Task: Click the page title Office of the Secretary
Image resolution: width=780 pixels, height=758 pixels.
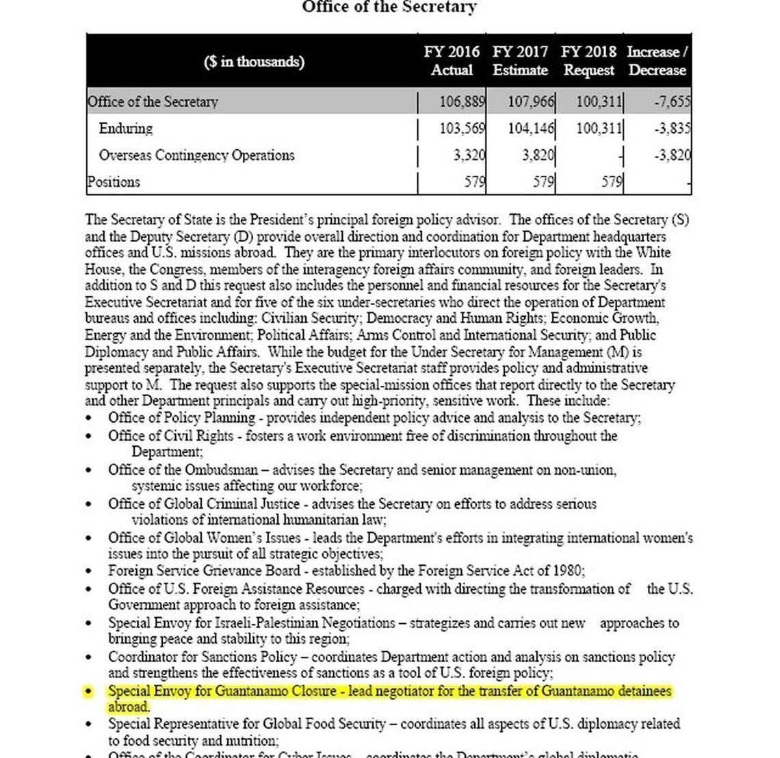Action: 389,8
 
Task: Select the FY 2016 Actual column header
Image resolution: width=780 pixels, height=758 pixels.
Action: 452,61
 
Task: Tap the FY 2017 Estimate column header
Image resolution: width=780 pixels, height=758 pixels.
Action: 520,61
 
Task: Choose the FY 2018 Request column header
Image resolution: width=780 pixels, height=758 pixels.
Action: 588,61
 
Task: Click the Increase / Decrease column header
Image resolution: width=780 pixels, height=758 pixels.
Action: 657,61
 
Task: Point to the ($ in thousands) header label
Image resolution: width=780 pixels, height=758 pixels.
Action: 254,62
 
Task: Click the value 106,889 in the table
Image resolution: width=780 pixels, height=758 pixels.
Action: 462,102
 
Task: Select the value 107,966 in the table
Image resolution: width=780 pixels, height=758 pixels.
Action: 531,102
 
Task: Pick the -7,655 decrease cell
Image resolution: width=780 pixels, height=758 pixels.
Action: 672,102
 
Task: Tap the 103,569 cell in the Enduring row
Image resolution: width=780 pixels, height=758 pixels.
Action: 462,129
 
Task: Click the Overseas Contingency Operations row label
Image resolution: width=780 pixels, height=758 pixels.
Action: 196,155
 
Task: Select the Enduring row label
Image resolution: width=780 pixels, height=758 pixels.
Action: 126,129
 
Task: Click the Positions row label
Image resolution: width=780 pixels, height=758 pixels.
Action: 114,182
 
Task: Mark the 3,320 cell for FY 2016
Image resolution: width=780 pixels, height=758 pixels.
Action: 469,155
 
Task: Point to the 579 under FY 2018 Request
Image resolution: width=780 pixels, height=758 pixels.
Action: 612,182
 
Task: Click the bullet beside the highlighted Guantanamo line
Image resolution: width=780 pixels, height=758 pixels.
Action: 89,692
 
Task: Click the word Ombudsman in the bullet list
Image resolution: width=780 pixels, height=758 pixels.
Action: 221,470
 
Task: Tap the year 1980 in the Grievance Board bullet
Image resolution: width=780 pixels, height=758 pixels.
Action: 569,571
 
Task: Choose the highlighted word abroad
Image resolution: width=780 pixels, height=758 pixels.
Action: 128,707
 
